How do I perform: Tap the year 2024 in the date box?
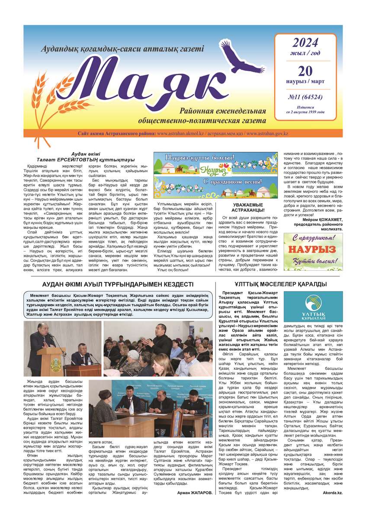coord(305,42)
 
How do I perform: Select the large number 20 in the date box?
coord(305,71)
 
